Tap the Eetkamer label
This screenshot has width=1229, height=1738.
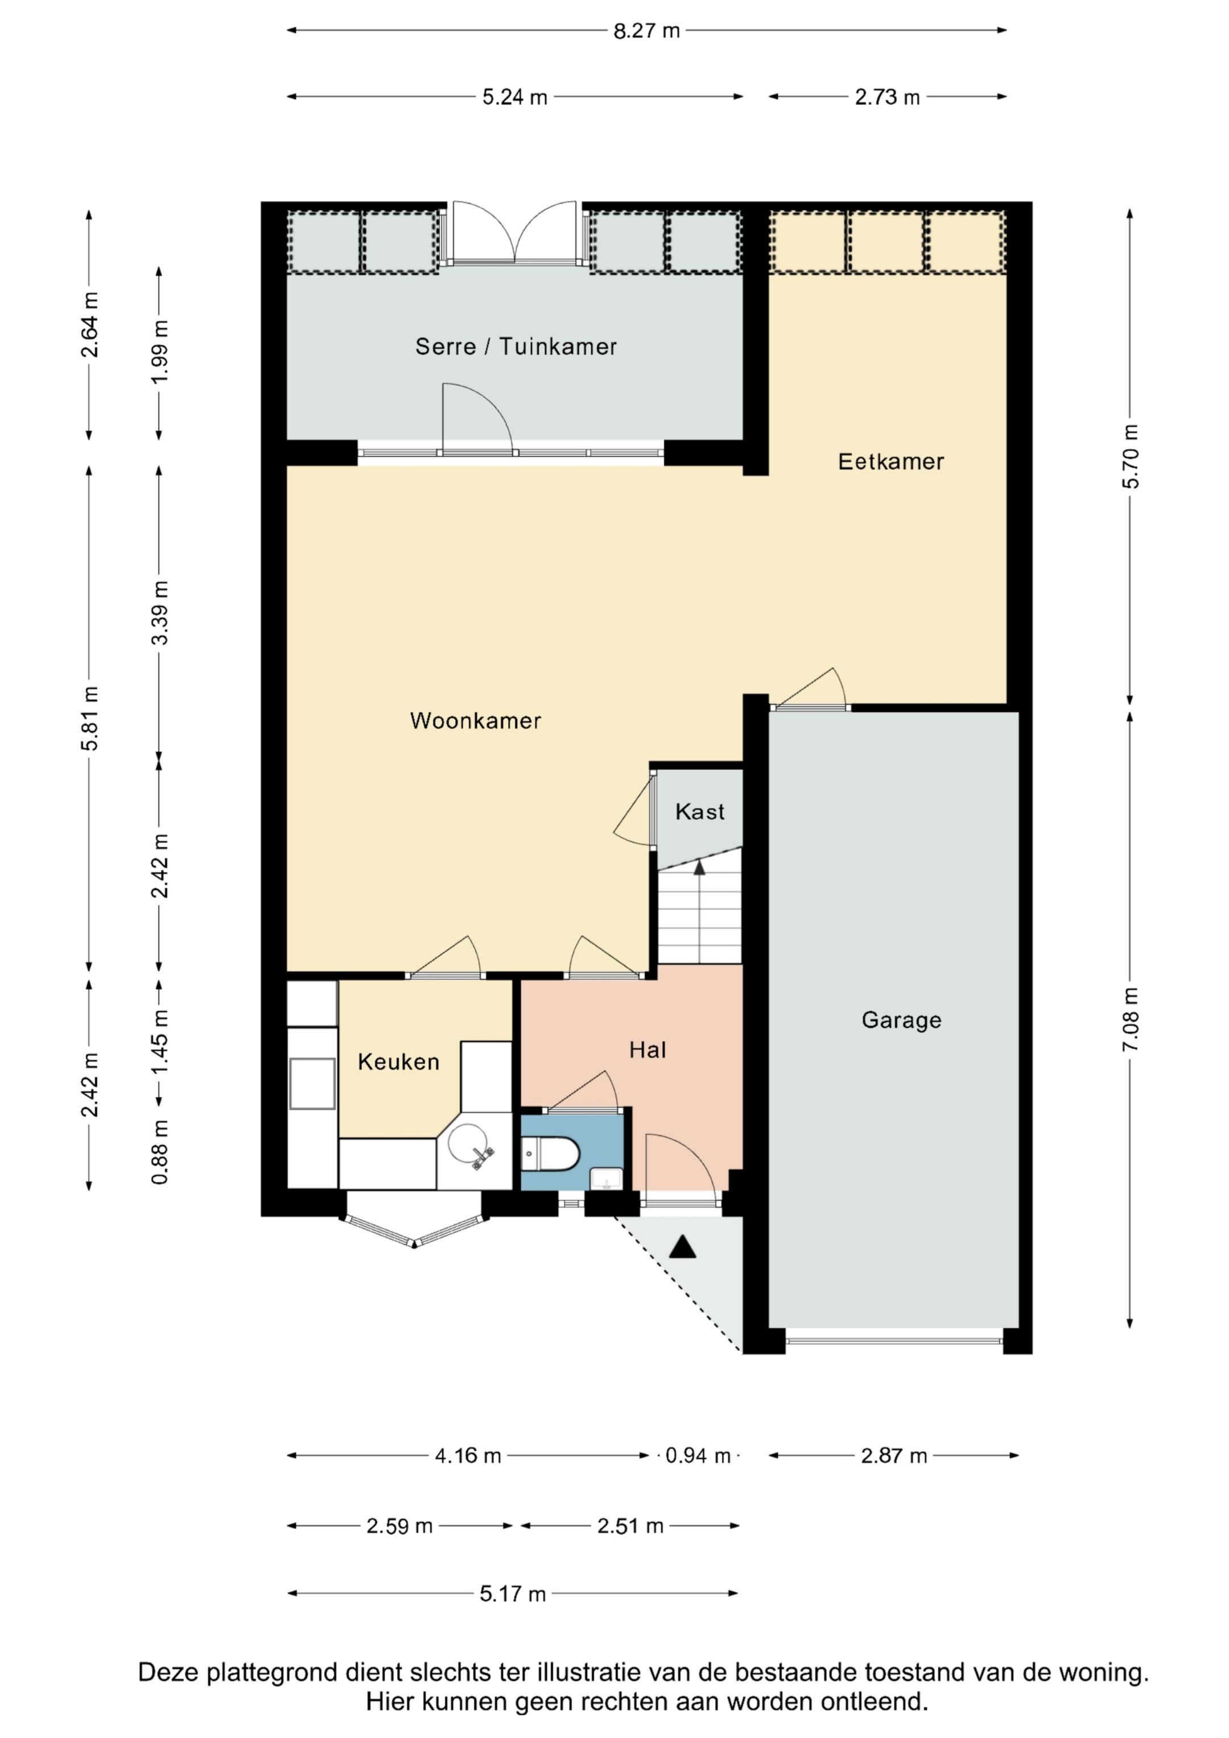[x=890, y=462]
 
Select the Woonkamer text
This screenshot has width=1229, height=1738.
[x=476, y=721]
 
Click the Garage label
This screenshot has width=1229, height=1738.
[x=901, y=1021]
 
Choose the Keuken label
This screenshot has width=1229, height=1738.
[x=398, y=1062]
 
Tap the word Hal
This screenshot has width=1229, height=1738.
[x=648, y=1050]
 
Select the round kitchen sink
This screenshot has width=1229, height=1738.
[x=468, y=1143]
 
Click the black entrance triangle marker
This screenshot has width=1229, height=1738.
[x=682, y=1246]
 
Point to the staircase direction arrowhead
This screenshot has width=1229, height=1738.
[x=699, y=868]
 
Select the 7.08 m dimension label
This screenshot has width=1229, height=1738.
[x=1130, y=1019]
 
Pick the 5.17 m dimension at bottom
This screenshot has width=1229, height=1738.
[x=513, y=1594]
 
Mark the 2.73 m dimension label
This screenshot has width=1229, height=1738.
[x=888, y=97]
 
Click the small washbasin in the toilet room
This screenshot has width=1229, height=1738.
[x=607, y=1179]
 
